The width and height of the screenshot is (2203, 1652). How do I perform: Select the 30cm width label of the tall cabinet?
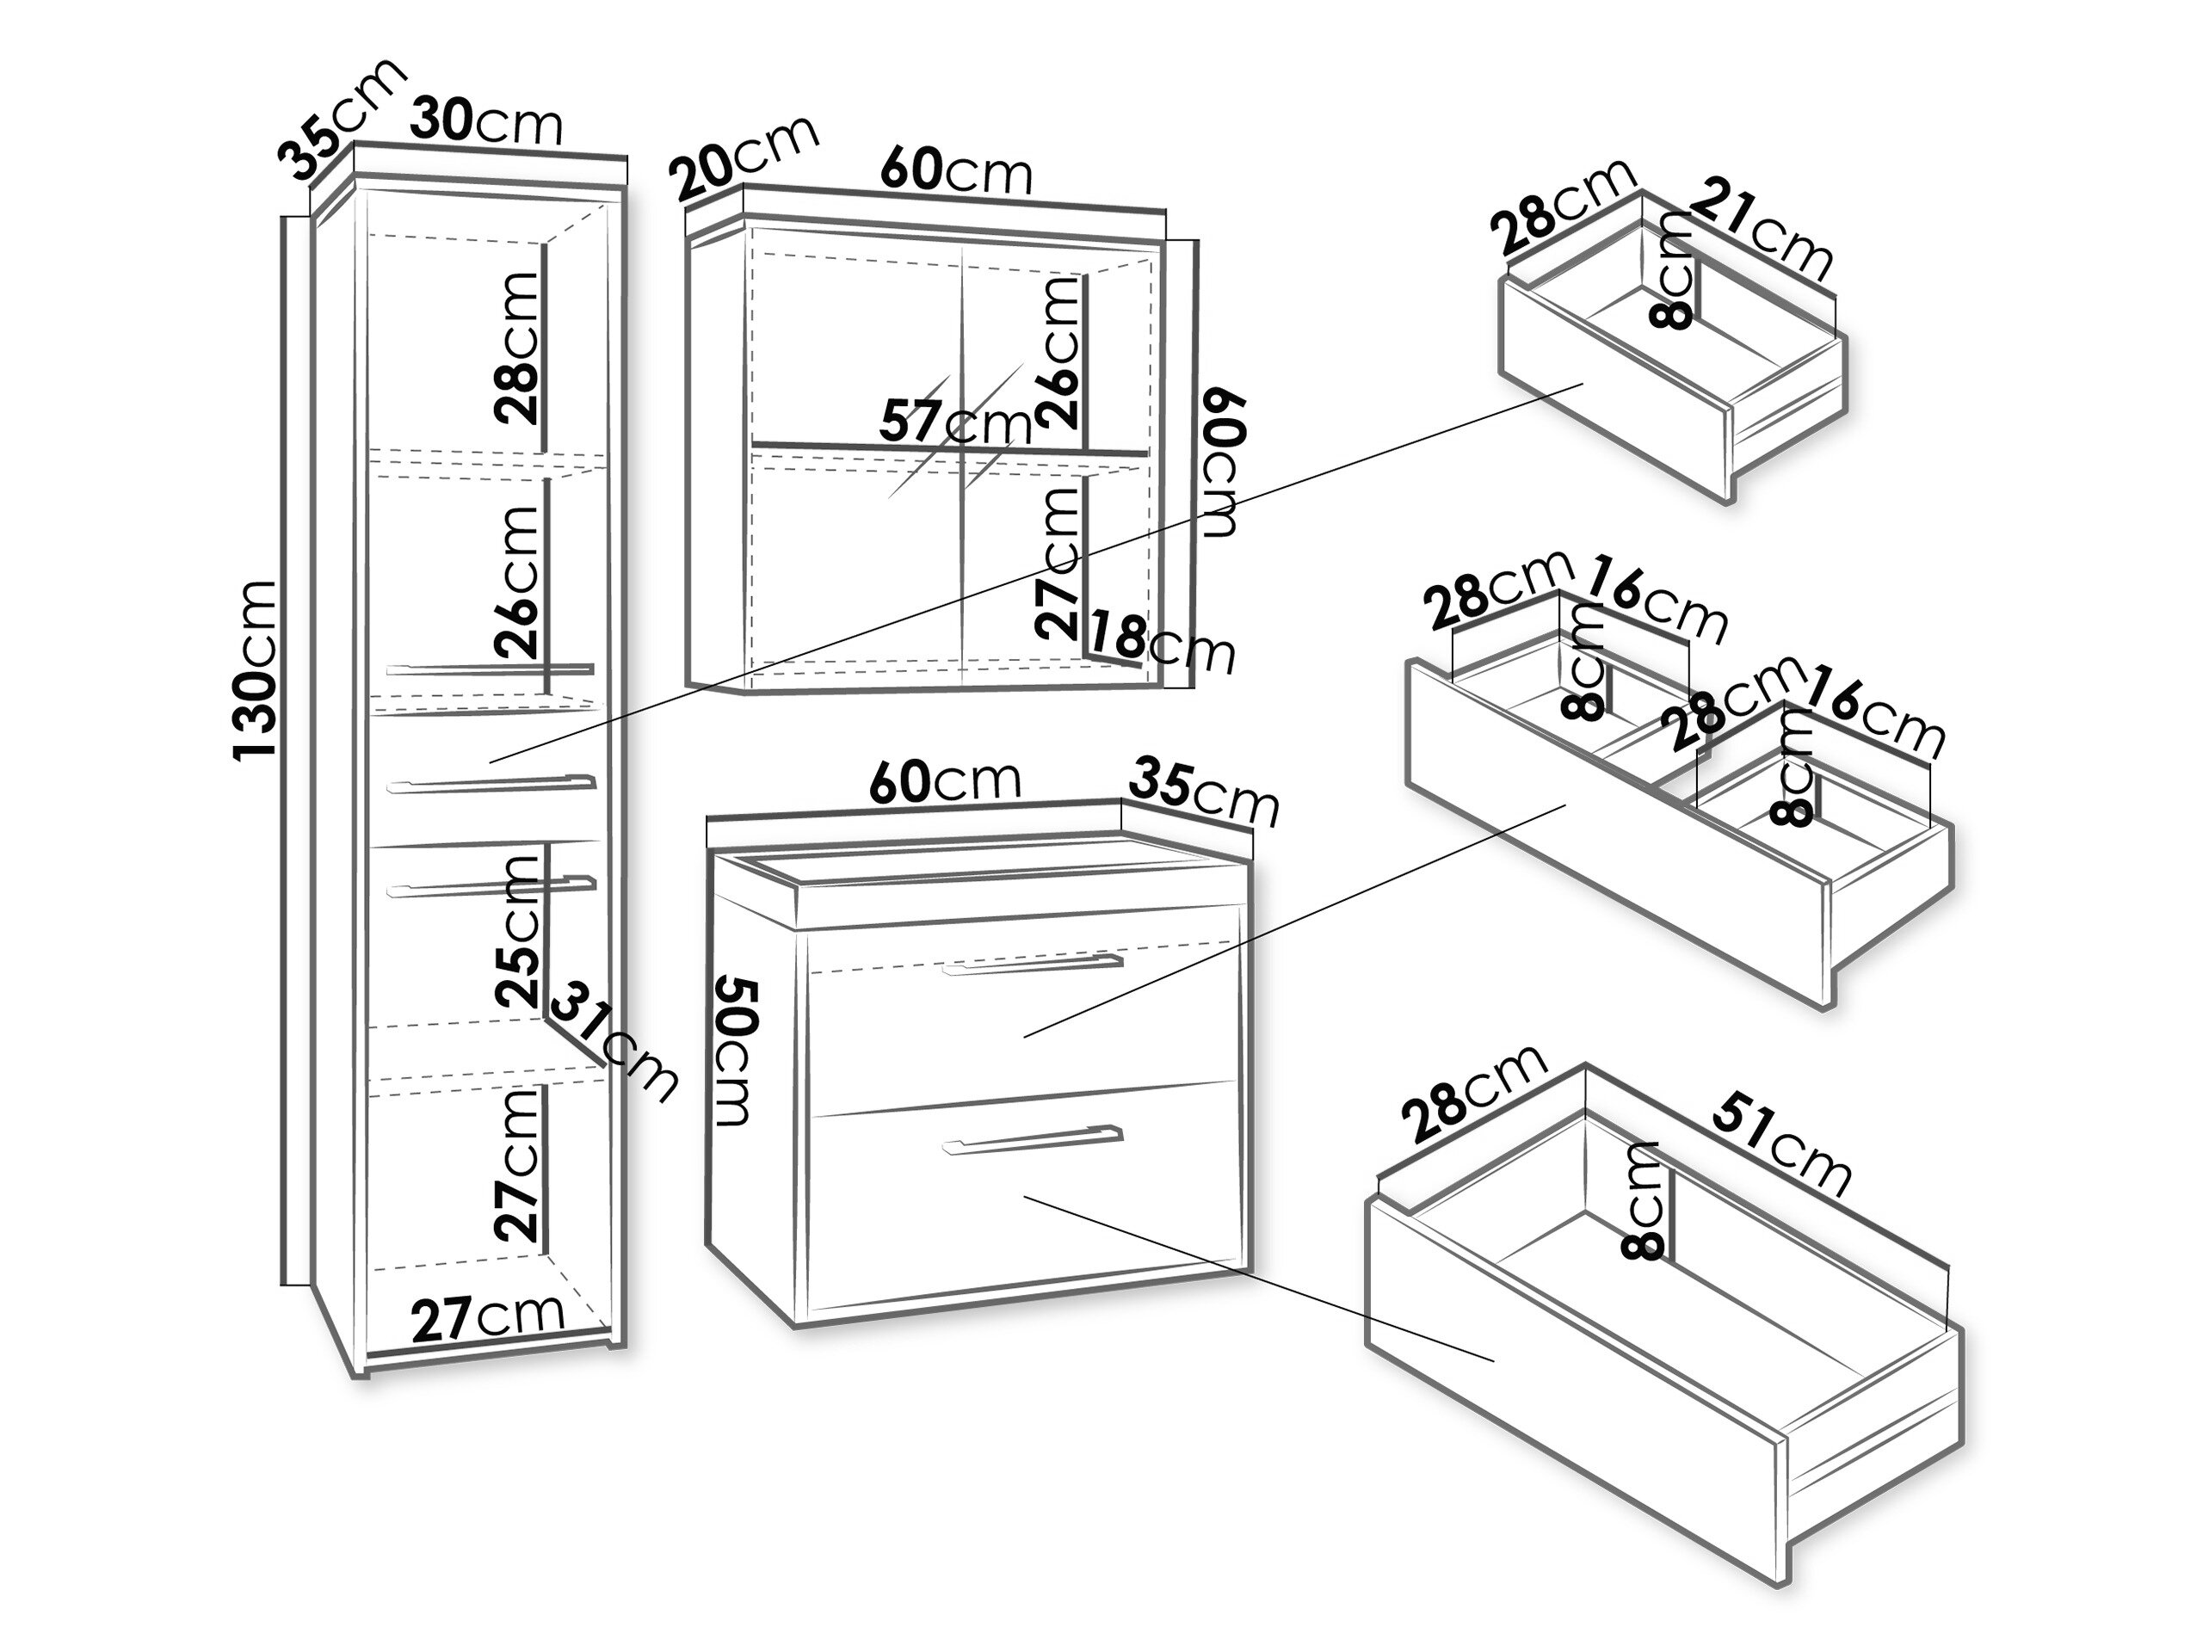(487, 121)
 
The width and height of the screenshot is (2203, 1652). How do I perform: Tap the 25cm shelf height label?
(517, 932)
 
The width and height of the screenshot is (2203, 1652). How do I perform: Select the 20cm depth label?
(744, 157)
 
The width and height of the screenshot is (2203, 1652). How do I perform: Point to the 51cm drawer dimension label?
(1780, 1144)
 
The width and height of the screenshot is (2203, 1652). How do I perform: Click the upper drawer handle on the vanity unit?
(1033, 962)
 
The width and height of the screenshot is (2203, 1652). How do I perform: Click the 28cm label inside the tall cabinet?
(517, 348)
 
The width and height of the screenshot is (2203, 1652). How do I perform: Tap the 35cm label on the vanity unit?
(1203, 791)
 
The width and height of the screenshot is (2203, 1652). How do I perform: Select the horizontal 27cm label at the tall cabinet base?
(488, 1317)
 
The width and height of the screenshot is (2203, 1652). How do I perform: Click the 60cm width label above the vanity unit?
(945, 781)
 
